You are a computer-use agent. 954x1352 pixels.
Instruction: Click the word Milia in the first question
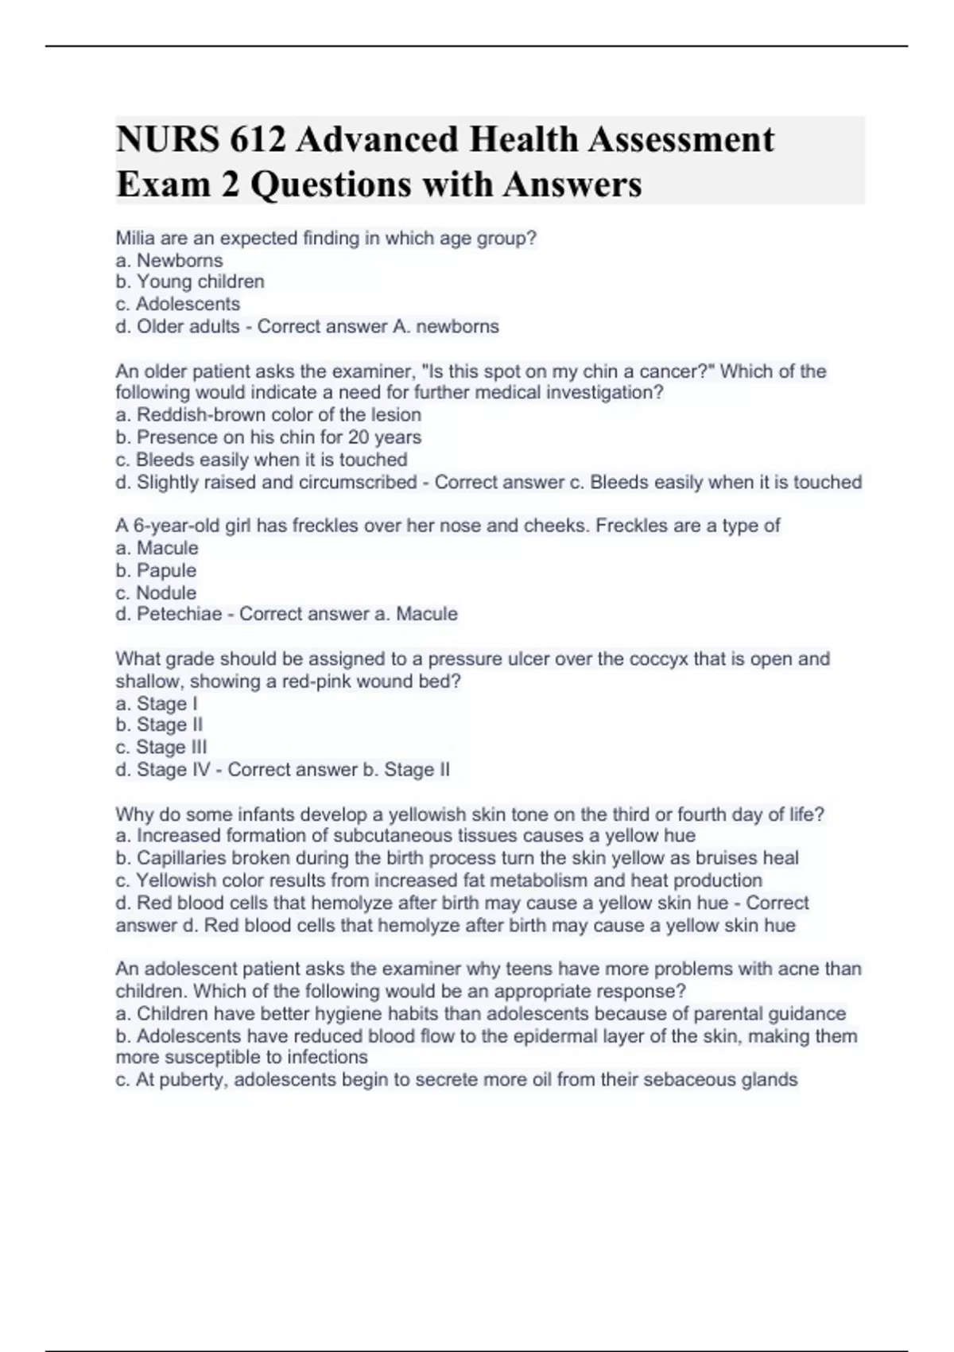(135, 238)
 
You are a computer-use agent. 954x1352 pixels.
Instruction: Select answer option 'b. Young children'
(190, 282)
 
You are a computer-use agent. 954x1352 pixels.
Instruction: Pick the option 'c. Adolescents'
(177, 304)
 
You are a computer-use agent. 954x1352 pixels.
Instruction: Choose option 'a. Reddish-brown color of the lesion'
(269, 415)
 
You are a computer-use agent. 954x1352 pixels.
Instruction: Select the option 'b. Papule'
(156, 570)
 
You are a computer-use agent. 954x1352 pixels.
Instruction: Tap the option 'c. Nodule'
(156, 592)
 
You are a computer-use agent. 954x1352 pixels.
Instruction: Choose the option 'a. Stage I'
(157, 704)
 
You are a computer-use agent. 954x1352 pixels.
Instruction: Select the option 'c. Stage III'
(161, 748)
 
